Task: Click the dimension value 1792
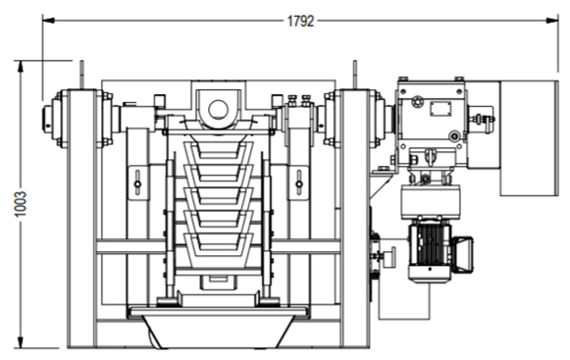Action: point(300,22)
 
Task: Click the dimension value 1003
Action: point(21,204)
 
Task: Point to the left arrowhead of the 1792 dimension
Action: point(48,21)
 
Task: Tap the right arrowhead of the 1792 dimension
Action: point(552,21)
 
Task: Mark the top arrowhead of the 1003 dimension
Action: point(21,66)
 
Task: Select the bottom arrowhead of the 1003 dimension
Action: point(21,342)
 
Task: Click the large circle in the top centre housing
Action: point(218,110)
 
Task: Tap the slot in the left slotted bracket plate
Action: point(137,183)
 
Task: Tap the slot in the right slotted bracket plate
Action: point(299,183)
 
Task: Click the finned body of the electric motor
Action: point(430,245)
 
